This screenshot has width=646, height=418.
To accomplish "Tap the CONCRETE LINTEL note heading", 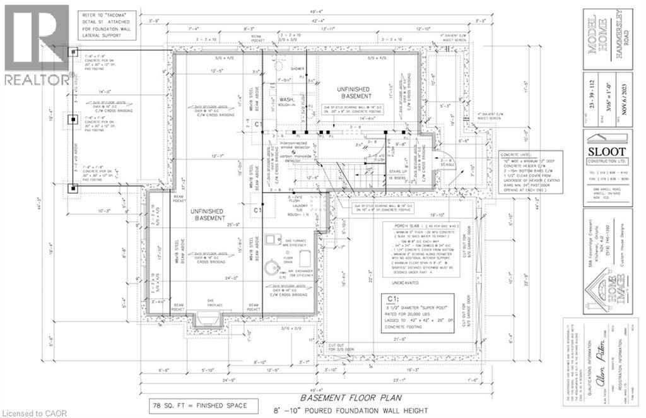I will tap(522, 154).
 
